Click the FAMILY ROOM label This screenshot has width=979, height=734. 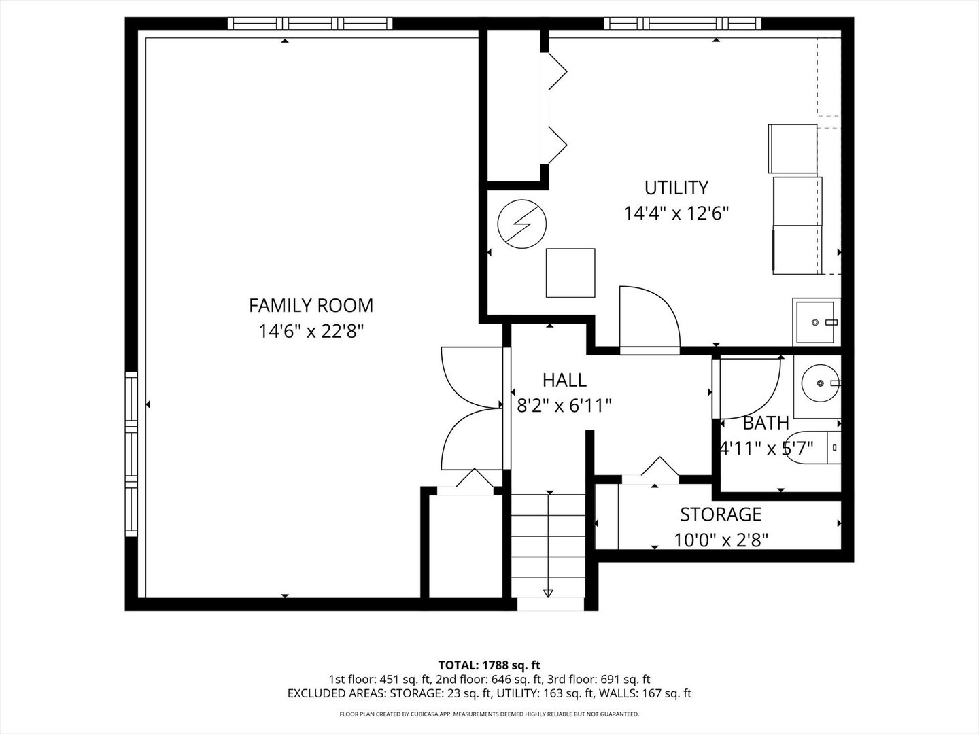tap(311, 305)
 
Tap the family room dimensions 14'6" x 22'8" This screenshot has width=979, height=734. tap(311, 332)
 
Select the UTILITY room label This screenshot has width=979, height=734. tap(676, 187)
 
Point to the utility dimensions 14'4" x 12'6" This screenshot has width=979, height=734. tap(676, 213)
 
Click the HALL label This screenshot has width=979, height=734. tap(564, 380)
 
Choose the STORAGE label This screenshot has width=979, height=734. tap(721, 514)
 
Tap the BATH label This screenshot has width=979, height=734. tap(766, 423)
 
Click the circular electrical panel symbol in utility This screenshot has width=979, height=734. tap(521, 225)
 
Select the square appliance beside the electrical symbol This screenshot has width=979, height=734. tap(570, 273)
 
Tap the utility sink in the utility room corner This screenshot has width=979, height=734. tap(817, 322)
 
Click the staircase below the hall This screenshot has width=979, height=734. tap(548, 544)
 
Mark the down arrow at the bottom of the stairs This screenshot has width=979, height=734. tap(548, 593)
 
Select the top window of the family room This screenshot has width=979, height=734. tap(311, 24)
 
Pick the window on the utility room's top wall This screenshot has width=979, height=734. tap(682, 24)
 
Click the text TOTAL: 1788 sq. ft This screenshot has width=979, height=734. tap(489, 665)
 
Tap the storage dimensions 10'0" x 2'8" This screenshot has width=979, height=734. tap(721, 540)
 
